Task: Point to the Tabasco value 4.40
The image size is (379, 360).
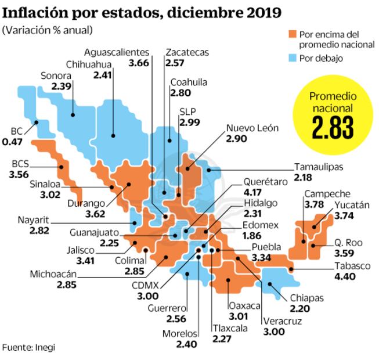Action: [347, 276]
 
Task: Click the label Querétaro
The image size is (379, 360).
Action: [265, 182]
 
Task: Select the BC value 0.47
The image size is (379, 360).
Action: [12, 141]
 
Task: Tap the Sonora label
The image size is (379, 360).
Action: [56, 75]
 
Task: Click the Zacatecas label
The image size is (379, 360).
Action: [187, 52]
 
